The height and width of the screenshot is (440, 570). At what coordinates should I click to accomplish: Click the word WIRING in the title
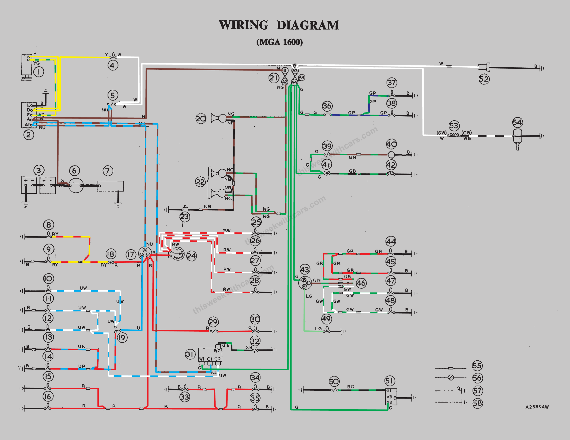point(244,25)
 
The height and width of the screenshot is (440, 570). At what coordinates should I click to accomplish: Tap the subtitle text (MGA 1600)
point(279,42)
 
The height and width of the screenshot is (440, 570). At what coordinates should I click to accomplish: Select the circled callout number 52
point(484,79)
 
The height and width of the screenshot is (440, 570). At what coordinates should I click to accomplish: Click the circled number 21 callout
point(274,78)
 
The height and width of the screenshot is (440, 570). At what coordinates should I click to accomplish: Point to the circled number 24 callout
point(191,256)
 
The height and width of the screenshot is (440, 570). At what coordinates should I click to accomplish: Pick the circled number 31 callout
point(190,354)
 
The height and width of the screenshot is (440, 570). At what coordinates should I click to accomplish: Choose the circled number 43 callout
point(305,269)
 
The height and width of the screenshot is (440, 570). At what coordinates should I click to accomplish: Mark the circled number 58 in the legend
point(478,403)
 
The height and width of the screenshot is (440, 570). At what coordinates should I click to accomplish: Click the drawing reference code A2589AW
point(537,407)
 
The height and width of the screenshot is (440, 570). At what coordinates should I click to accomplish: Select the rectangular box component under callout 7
point(110,186)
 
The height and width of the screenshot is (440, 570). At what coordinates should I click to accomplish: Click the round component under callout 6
point(76,186)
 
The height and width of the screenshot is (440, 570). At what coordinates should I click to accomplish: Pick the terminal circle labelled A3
point(295,71)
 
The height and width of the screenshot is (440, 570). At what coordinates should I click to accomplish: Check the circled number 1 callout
point(39,72)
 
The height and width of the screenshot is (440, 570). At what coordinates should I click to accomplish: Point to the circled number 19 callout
point(122,338)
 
